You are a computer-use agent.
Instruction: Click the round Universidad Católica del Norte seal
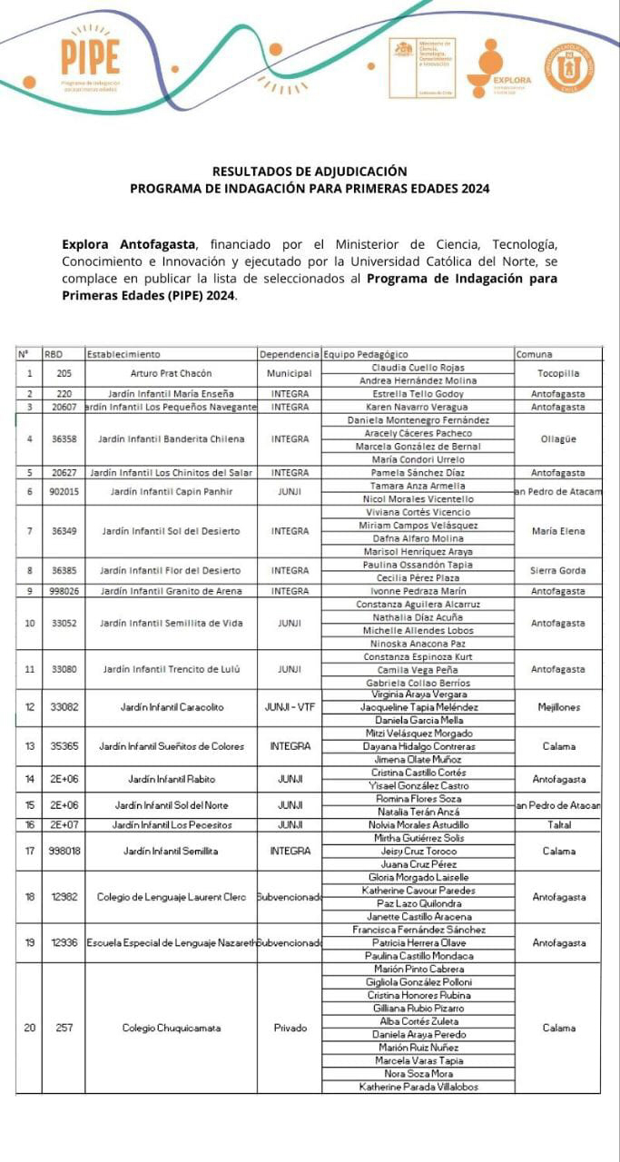(569, 68)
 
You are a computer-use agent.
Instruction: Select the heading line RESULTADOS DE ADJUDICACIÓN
(310, 171)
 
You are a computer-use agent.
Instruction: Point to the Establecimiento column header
(123, 354)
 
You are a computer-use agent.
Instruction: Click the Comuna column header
(534, 354)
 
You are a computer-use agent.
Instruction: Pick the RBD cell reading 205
(64, 373)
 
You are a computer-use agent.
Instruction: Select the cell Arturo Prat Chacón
(171, 373)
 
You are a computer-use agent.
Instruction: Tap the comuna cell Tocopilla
(557, 373)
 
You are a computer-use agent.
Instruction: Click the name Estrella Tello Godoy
(418, 394)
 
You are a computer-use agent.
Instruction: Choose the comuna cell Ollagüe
(557, 439)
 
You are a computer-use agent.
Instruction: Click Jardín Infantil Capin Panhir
(171, 492)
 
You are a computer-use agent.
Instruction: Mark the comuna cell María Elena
(557, 531)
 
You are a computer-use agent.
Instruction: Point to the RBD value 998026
(64, 591)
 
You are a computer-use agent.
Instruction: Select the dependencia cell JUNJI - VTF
(289, 706)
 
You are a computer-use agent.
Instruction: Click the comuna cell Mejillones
(557, 706)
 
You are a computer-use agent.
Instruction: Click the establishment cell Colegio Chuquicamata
(171, 1028)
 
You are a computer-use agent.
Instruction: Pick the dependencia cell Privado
(290, 1028)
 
